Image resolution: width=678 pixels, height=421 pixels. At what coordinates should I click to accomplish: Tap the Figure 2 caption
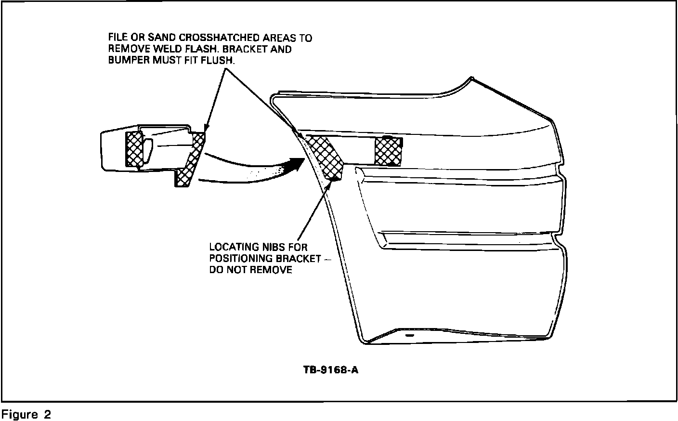coord(26,414)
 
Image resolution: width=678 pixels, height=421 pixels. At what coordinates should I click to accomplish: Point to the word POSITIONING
coord(240,259)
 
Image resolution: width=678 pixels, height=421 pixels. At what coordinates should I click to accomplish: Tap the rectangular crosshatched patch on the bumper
coord(388,151)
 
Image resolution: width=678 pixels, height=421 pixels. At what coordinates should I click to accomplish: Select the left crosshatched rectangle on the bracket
coord(134,149)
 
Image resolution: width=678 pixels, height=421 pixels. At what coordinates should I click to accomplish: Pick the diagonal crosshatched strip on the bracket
coord(190,161)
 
